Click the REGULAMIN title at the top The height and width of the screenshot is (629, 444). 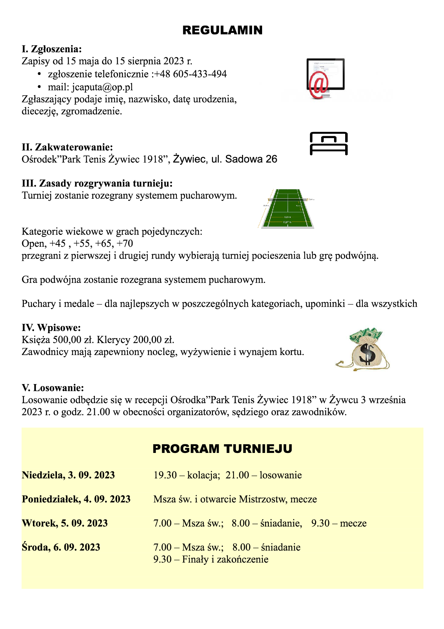[x=222, y=30]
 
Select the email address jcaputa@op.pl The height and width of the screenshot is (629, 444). [x=102, y=87]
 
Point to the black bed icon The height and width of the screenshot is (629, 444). [x=329, y=143]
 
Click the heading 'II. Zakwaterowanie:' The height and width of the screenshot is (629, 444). [x=67, y=147]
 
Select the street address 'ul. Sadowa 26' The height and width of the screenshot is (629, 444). [x=244, y=159]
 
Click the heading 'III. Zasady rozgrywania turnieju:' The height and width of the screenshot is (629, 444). [x=97, y=183]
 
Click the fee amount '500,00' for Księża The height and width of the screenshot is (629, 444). [x=67, y=340]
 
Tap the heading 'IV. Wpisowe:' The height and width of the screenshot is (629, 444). [x=51, y=327]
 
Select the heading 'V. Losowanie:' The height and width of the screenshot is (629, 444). [x=53, y=388]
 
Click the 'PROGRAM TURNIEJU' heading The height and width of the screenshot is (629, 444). [x=222, y=449]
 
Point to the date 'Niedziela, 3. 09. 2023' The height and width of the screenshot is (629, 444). [x=68, y=475]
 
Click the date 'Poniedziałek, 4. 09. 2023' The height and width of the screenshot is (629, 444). [x=76, y=499]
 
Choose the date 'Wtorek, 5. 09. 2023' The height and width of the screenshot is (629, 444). [x=65, y=523]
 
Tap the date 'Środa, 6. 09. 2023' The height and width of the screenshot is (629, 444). [x=61, y=547]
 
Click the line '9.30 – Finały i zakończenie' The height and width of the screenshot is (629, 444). [x=211, y=559]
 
